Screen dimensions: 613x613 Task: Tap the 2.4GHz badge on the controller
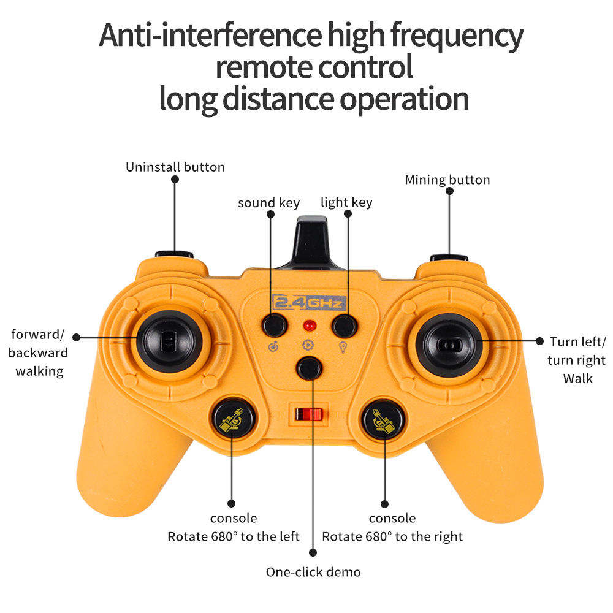pyautogui.click(x=309, y=302)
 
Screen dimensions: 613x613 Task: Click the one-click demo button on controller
pyautogui.click(x=309, y=368)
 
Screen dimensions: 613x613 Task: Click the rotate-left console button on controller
pyautogui.click(x=232, y=419)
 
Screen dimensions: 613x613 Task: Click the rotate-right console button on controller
pyautogui.click(x=385, y=420)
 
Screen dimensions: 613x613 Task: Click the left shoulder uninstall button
pyautogui.click(x=174, y=254)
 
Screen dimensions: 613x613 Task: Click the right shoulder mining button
pyautogui.click(x=449, y=257)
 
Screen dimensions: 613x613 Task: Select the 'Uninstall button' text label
pyautogui.click(x=175, y=167)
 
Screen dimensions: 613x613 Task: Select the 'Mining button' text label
pyautogui.click(x=447, y=180)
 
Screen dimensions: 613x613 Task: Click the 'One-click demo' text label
pyautogui.click(x=313, y=572)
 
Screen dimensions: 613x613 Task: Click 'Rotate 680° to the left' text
pyautogui.click(x=234, y=536)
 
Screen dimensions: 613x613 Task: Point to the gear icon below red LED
pyautogui.click(x=308, y=345)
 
